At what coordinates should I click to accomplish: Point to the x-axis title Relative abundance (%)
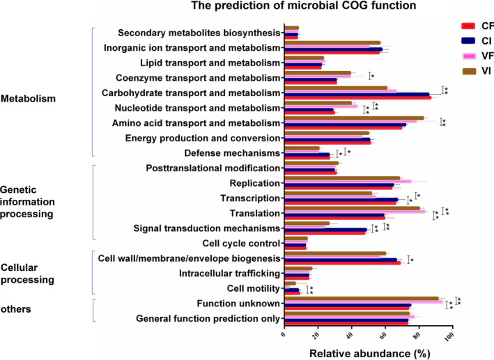(368, 352)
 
